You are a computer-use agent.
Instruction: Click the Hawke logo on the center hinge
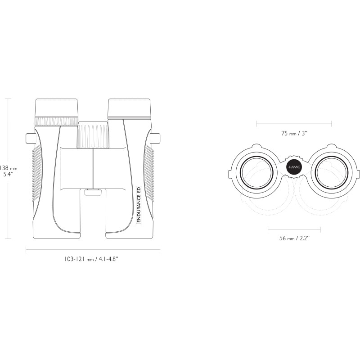(294, 167)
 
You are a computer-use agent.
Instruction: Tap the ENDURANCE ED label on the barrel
(139, 204)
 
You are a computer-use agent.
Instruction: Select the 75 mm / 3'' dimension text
(294, 133)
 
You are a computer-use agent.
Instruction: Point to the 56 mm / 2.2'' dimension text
(294, 238)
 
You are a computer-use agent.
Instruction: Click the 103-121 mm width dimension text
(91, 259)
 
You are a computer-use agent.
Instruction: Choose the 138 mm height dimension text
(9, 171)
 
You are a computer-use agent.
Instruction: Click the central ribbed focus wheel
(93, 135)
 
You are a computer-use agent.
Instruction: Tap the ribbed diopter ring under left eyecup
(57, 121)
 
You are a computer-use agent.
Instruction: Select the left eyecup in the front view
(57, 108)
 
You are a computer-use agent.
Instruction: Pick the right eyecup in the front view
(129, 108)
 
